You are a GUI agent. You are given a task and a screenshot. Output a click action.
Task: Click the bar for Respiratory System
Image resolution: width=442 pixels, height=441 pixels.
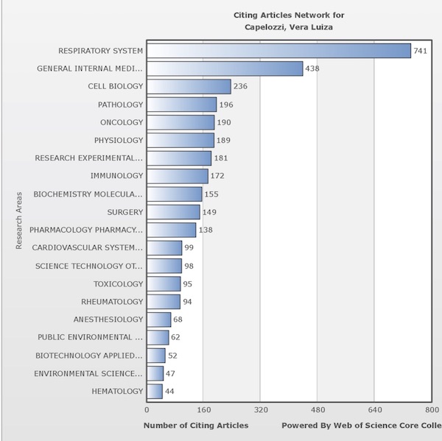pyautogui.click(x=278, y=51)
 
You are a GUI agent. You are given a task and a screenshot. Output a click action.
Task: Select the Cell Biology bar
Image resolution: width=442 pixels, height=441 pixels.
pyautogui.click(x=189, y=87)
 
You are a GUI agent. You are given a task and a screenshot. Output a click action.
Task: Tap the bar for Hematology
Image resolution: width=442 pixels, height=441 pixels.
pyautogui.click(x=155, y=391)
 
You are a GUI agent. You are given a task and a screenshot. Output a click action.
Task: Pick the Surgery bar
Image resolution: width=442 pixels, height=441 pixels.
pyautogui.click(x=173, y=212)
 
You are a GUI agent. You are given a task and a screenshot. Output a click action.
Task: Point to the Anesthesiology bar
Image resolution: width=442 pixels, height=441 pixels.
pyautogui.click(x=158, y=320)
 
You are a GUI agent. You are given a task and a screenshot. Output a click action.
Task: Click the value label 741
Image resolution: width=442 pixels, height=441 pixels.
pyautogui.click(x=421, y=51)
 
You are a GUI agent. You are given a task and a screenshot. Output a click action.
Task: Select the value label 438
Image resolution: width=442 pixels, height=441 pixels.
pyautogui.click(x=313, y=68)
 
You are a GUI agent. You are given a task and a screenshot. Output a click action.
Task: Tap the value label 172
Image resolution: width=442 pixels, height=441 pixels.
pyautogui.click(x=217, y=176)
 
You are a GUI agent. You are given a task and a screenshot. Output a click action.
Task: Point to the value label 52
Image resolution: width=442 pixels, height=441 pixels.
pyautogui.click(x=173, y=355)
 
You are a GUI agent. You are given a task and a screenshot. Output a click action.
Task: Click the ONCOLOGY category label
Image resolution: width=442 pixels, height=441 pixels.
pyautogui.click(x=122, y=122)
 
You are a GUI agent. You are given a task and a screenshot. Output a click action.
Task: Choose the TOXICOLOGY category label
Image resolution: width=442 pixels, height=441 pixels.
pyautogui.click(x=118, y=283)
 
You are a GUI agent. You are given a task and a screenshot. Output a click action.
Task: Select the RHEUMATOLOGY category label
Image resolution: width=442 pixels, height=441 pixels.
pyautogui.click(x=112, y=301)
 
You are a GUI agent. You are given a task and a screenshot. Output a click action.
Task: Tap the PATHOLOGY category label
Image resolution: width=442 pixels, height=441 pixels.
pyautogui.click(x=120, y=105)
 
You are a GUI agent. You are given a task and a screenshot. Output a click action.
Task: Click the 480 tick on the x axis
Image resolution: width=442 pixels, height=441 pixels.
pyautogui.click(x=317, y=409)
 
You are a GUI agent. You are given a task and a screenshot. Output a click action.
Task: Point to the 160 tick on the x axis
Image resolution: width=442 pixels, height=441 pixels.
pyautogui.click(x=203, y=409)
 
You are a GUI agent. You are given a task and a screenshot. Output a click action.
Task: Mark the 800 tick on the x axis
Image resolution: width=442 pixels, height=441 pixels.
pyautogui.click(x=431, y=409)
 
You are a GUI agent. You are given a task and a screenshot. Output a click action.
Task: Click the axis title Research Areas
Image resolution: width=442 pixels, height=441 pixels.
pyautogui.click(x=19, y=221)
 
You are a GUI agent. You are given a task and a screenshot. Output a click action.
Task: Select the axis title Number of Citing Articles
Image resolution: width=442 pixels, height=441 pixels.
pyautogui.click(x=196, y=426)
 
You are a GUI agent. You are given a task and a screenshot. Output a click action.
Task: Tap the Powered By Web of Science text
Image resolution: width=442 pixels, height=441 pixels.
pyautogui.click(x=361, y=426)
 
